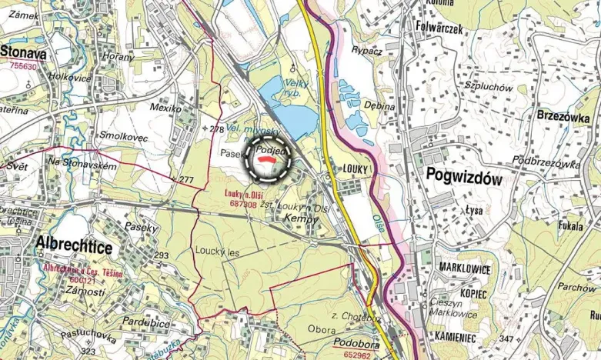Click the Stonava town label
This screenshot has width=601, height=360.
[25, 53]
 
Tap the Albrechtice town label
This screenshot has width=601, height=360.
[74, 247]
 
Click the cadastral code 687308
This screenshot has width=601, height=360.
[242, 204]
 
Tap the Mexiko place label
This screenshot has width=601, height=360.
[165, 108]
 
